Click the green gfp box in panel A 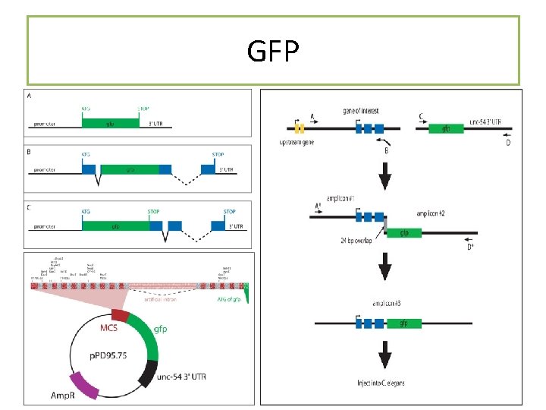tap(110, 122)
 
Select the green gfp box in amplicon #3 tap(404, 323)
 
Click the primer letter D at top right tap(508, 143)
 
